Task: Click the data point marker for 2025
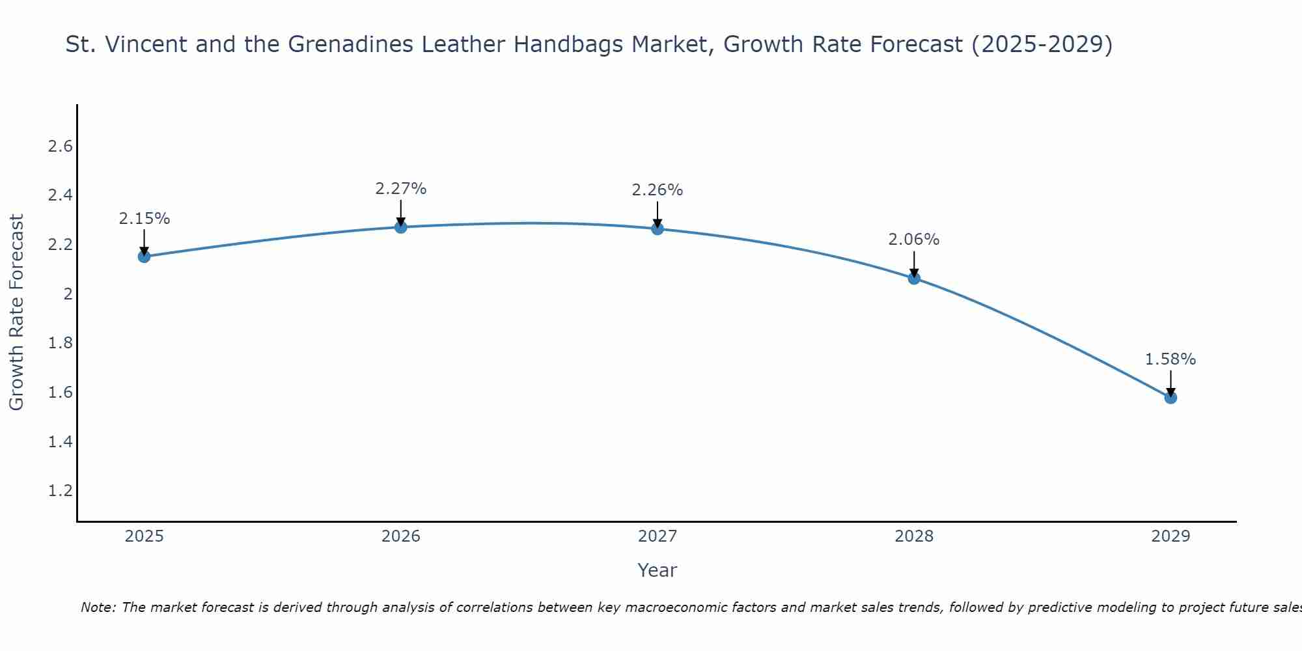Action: [144, 256]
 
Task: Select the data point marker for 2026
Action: [401, 227]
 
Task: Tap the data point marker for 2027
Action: [658, 229]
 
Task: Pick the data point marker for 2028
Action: [914, 279]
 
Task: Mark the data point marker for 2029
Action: [1170, 397]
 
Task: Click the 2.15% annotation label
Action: [144, 219]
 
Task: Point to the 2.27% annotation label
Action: [401, 189]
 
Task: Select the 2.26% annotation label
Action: [658, 190]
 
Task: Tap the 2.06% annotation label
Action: [914, 240]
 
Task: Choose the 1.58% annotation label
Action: [1170, 359]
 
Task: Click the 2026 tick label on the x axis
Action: [401, 536]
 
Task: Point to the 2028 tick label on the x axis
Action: [914, 536]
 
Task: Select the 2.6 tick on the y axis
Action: [60, 146]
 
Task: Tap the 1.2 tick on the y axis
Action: [60, 491]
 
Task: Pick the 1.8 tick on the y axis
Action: [60, 343]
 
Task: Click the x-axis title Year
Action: [658, 570]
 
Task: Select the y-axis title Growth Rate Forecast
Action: [16, 312]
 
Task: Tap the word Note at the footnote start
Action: [98, 607]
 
